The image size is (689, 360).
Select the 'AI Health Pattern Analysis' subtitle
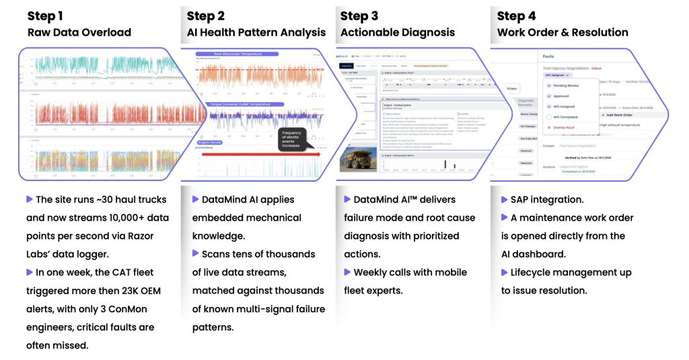pyautogui.click(x=256, y=32)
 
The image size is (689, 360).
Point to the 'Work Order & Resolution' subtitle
pyautogui.click(x=563, y=32)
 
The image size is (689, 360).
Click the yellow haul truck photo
pyautogui.click(x=357, y=159)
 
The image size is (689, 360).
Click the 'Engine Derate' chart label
pyautogui.click(x=209, y=143)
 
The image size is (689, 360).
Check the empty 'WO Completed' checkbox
pyautogui.click(x=549, y=117)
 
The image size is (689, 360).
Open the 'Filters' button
pyautogui.click(x=512, y=88)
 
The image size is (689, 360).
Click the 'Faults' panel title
pyautogui.click(x=549, y=58)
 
